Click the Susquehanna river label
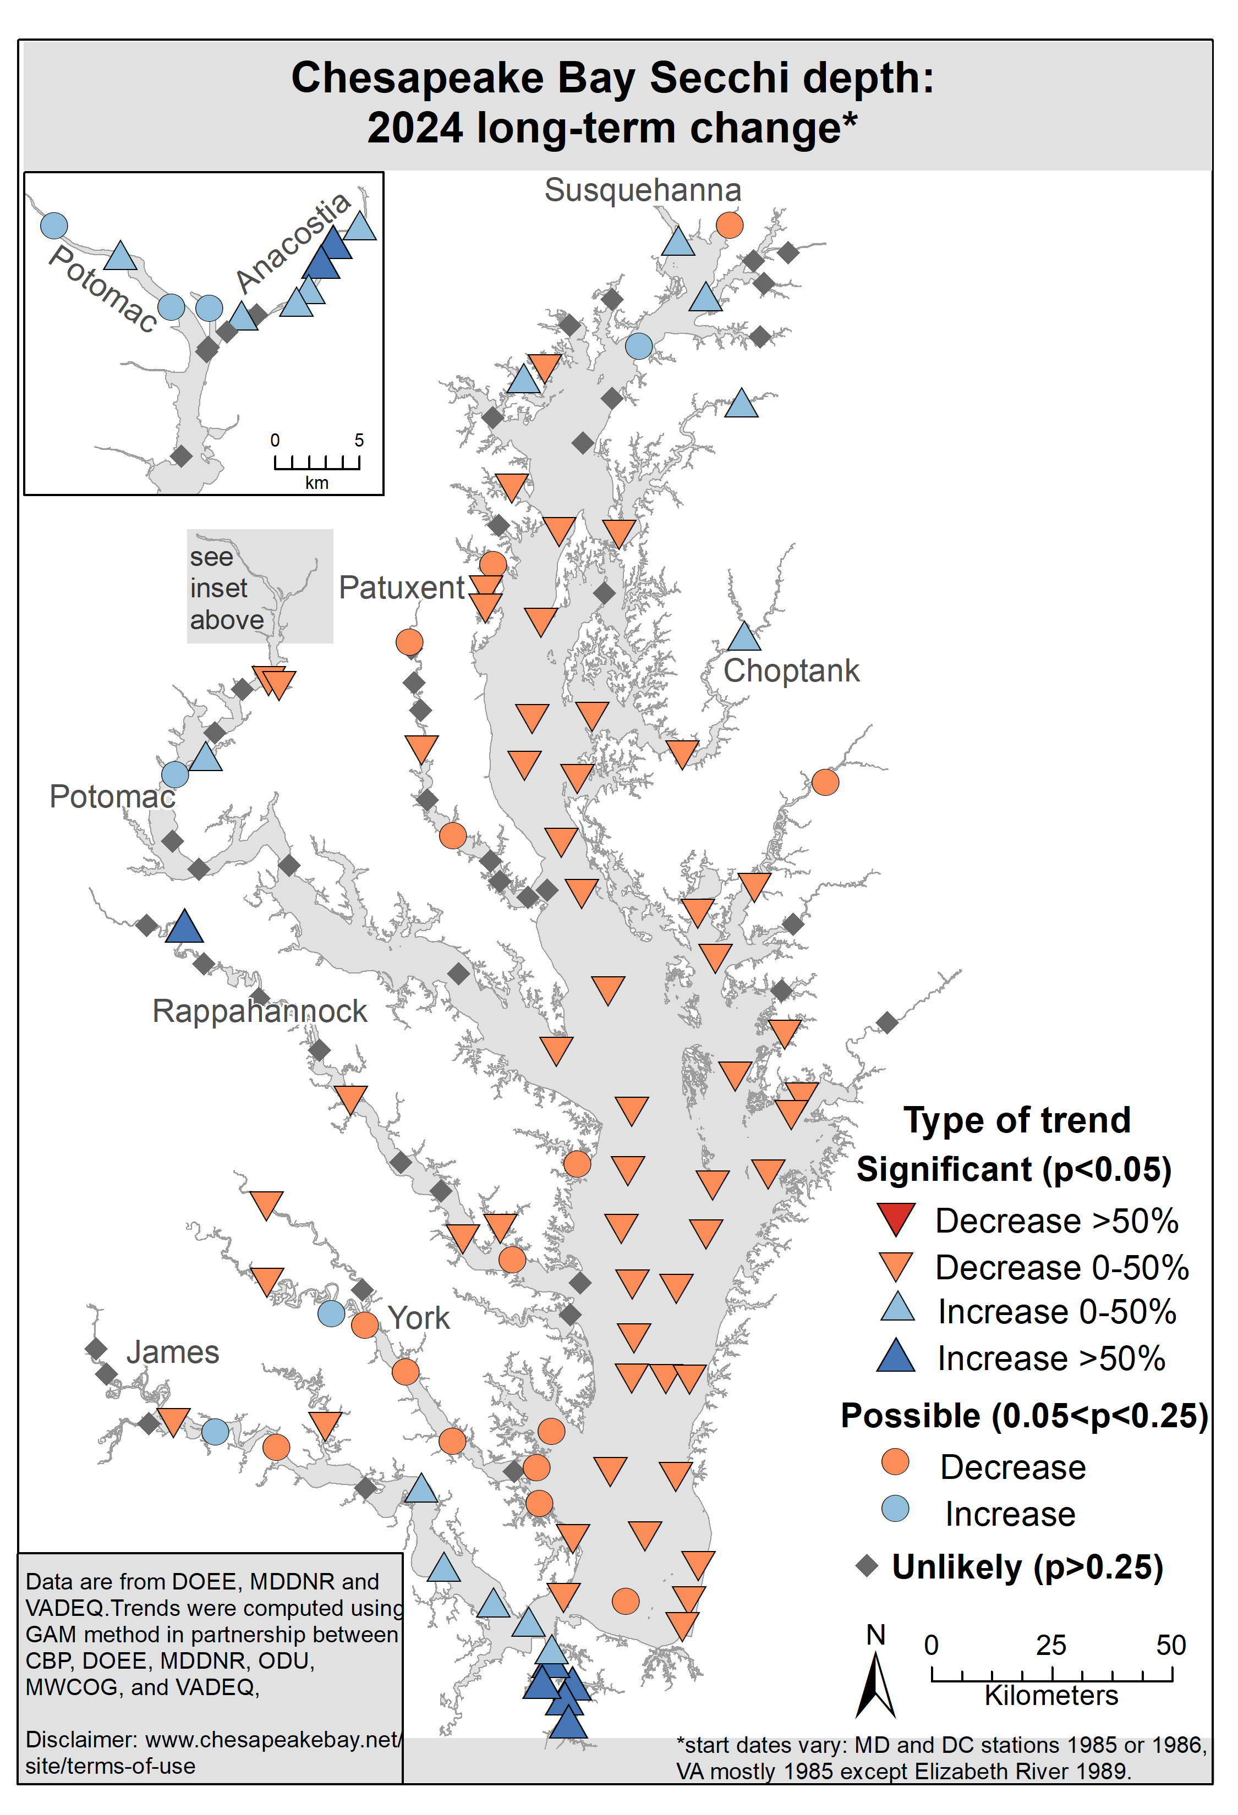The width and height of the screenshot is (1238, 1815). (642, 190)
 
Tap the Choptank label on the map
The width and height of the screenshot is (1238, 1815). (791, 671)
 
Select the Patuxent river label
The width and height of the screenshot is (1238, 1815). (402, 587)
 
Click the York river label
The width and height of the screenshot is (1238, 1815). (419, 1317)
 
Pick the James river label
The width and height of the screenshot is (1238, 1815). (173, 1352)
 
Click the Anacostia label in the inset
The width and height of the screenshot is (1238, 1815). (293, 241)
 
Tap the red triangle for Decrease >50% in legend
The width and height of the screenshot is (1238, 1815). (896, 1219)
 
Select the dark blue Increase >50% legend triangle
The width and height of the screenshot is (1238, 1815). (896, 1356)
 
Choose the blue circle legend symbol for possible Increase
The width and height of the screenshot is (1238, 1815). (895, 1508)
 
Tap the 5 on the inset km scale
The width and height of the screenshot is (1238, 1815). (359, 439)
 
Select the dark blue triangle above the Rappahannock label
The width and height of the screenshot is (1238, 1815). (184, 926)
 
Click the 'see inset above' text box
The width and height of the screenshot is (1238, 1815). (227, 588)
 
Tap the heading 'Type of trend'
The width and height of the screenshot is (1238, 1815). (1017, 1120)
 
